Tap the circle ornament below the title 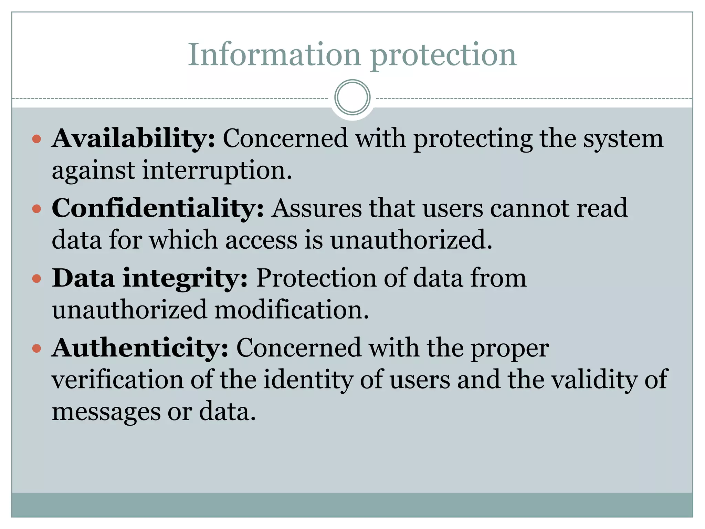pos(352,97)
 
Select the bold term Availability pos(134,138)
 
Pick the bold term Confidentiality pos(158,208)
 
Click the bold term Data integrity pos(150,278)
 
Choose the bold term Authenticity pos(140,348)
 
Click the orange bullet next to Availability pos(36,139)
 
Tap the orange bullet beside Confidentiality pos(36,209)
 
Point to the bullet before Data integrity pos(36,278)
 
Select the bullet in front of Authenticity pos(36,348)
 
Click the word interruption pos(217,170)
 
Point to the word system pos(623,139)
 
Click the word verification pos(118,380)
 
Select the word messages pos(106,412)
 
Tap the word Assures pos(316,208)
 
